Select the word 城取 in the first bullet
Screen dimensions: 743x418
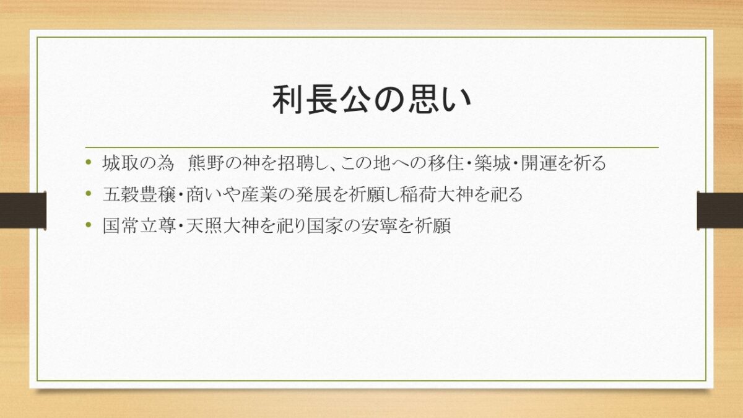[x=120, y=163]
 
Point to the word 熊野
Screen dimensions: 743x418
[x=206, y=163]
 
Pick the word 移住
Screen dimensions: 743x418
[x=445, y=163]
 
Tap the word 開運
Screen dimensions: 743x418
[x=539, y=163]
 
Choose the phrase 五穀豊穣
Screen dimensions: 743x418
[x=139, y=194]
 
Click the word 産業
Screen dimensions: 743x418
[x=259, y=194]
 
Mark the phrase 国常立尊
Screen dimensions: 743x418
[x=139, y=226]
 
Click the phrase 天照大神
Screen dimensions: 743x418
[x=222, y=226]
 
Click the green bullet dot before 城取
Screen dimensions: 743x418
[x=88, y=162]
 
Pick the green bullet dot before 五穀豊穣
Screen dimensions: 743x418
[x=88, y=193]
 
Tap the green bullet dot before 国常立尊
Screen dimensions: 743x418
[x=88, y=225]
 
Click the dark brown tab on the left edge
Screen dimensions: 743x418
[x=23, y=211]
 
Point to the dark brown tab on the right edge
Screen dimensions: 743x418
[x=719, y=211]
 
